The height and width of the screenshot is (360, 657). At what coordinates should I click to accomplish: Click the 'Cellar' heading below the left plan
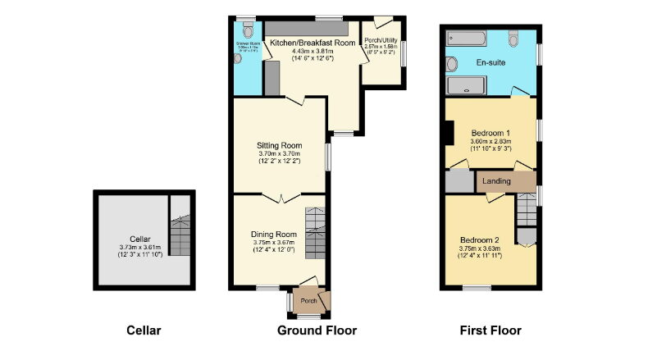[x=144, y=331]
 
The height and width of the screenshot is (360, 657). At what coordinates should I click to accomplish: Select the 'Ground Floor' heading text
[x=317, y=331]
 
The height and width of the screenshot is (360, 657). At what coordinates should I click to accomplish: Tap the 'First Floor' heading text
[x=490, y=331]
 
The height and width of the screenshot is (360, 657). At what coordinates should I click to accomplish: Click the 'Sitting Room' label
[x=280, y=145]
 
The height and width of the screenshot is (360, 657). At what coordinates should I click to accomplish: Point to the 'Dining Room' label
[x=273, y=235]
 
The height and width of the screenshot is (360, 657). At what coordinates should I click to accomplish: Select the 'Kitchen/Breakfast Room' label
[x=313, y=42]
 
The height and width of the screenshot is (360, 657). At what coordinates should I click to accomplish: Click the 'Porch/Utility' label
[x=381, y=39]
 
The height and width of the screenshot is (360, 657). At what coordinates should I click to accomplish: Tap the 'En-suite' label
[x=490, y=62]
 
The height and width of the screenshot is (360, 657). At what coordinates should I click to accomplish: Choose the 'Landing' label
[x=496, y=180]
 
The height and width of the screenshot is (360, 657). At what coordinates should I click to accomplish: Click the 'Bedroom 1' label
[x=490, y=133]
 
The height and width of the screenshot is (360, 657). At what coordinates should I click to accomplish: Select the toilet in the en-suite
[x=513, y=38]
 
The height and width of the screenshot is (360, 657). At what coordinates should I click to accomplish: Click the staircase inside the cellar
[x=181, y=237]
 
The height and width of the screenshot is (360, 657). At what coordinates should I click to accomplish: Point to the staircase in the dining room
[x=316, y=232]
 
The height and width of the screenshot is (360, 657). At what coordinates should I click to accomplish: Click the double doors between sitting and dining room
[x=280, y=197]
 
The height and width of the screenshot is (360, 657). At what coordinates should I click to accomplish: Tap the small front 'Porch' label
[x=308, y=300]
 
